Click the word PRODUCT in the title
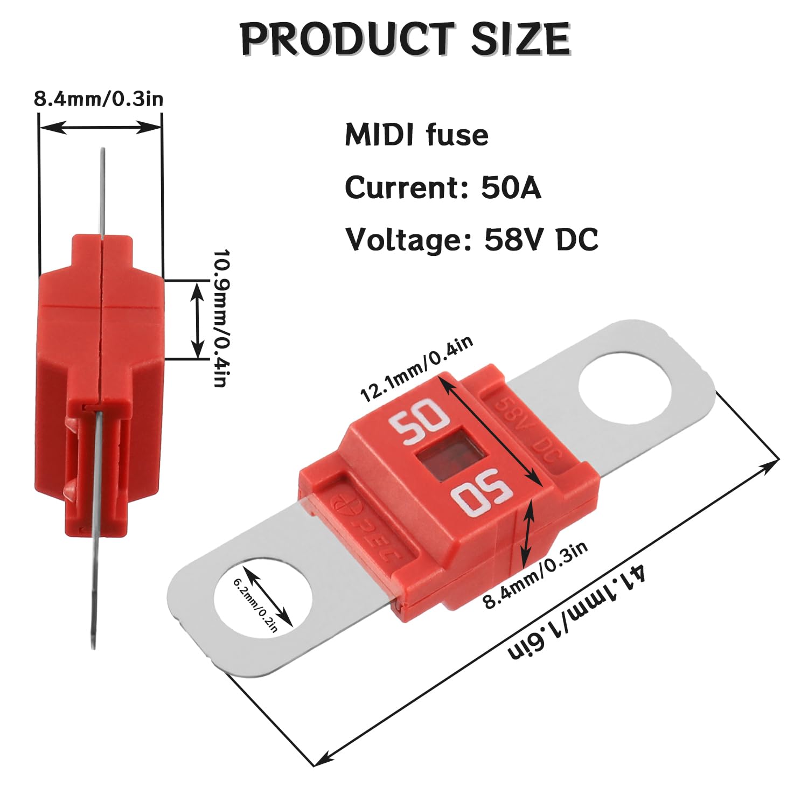345,39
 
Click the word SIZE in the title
520,39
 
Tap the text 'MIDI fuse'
416,135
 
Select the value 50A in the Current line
511,187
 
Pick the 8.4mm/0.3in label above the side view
99,99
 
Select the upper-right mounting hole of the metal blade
625,387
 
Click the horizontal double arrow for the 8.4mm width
100,128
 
